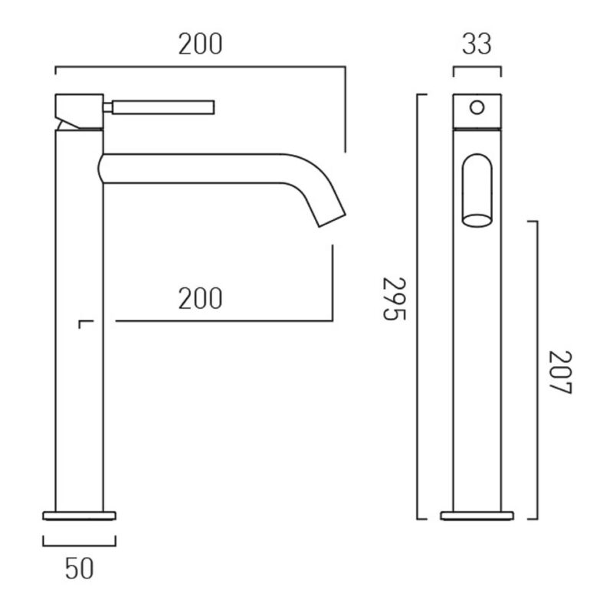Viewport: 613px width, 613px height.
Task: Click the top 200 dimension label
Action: (200, 44)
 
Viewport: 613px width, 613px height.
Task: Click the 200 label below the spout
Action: (200, 298)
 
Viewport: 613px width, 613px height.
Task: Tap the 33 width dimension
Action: (477, 44)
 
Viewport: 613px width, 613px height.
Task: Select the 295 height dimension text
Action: (395, 299)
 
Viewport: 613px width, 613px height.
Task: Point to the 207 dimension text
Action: (560, 372)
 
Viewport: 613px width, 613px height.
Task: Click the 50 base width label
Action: (80, 569)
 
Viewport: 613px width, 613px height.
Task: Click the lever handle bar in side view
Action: (163, 107)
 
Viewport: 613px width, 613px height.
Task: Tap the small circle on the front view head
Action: (477, 107)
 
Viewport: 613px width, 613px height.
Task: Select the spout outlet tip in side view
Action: (333, 221)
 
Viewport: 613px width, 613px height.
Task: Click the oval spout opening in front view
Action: (477, 221)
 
